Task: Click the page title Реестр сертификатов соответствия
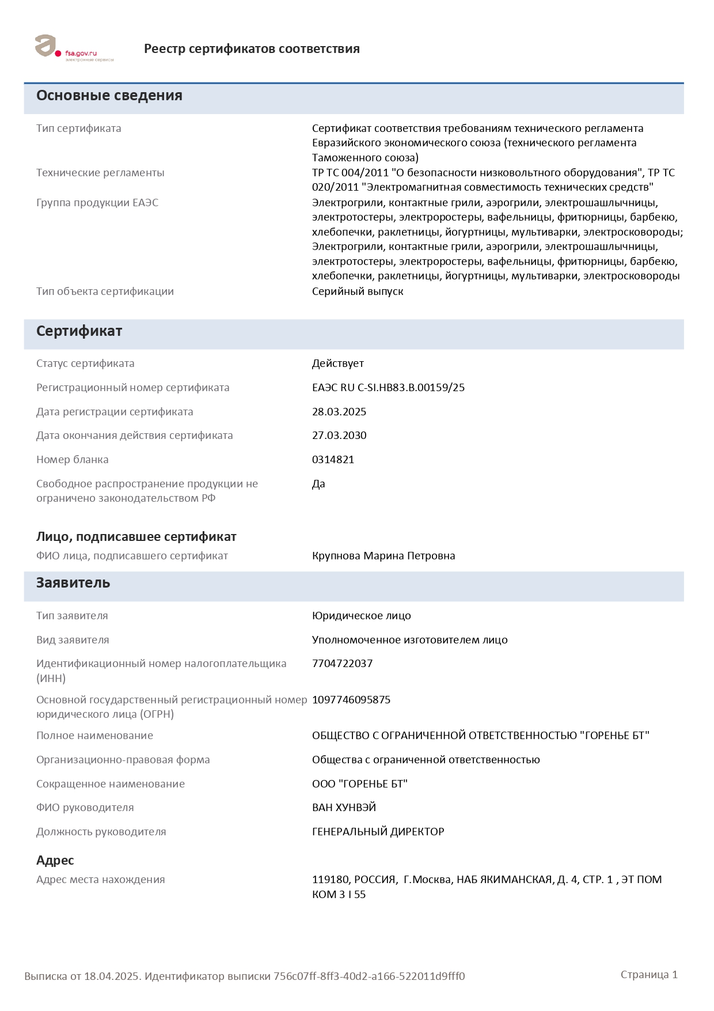pos(252,49)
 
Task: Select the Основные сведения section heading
pos(109,96)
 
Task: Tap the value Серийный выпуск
pos(358,291)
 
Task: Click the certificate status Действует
pos(338,363)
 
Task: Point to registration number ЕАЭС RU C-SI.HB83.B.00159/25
pos(388,388)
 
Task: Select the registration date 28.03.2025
pos(339,412)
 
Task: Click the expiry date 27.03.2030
pos(339,436)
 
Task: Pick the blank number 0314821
pos(333,460)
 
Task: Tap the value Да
pos(318,484)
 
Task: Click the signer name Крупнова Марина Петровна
pos(383,556)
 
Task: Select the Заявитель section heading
pos(73,583)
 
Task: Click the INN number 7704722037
pos(342,664)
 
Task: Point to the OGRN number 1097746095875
pos(351,700)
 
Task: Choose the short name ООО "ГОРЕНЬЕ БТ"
pos(360,784)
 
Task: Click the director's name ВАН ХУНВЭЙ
pos(344,808)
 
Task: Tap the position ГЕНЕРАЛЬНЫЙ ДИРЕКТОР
pos(378,832)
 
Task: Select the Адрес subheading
pos(55,861)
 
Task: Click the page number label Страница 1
pos(649,975)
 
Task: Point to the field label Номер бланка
pos(73,460)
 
